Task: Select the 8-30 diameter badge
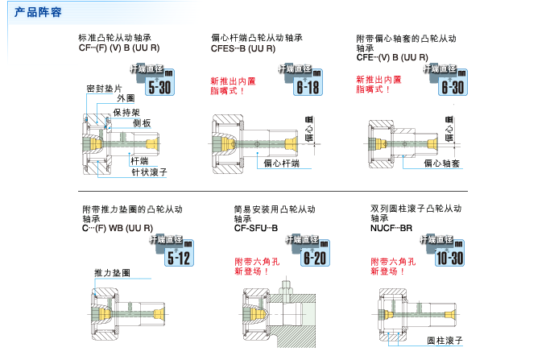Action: [x=450, y=82]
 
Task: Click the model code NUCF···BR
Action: [x=391, y=228]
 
